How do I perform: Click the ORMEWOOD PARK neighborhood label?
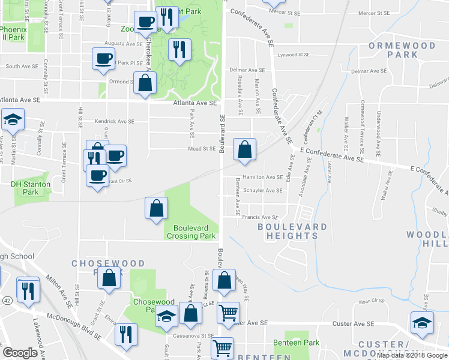tap(393, 50)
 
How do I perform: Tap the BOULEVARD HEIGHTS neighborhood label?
tap(292, 232)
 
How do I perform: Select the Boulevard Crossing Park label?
tap(194, 232)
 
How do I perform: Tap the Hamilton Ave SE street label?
tap(263, 178)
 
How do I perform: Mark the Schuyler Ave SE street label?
tap(263, 191)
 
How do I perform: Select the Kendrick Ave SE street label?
tap(114, 121)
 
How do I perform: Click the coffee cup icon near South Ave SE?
tap(103, 59)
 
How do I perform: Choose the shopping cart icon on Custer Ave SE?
tap(229, 313)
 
